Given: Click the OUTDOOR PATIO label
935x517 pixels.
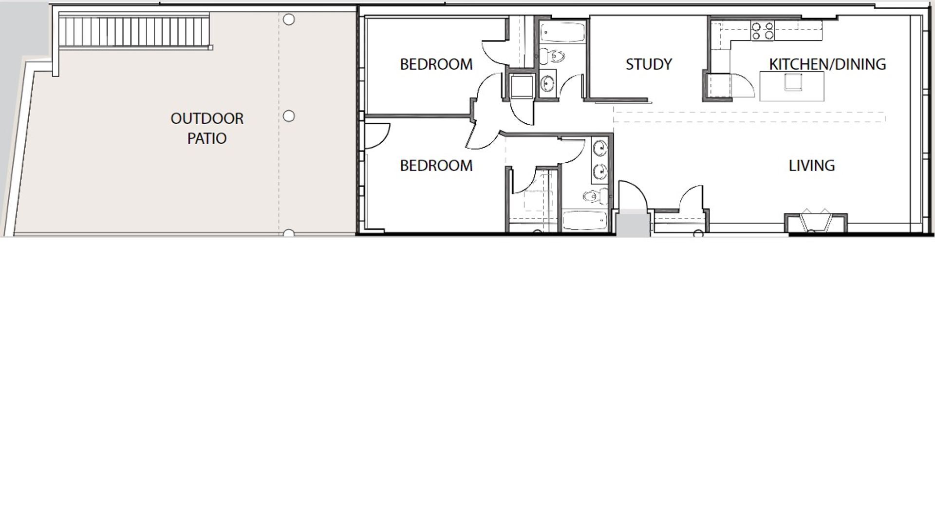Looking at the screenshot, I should (x=207, y=128).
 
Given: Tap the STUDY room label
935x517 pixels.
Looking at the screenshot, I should (x=649, y=64).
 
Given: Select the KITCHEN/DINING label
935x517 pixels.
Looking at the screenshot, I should (x=827, y=64).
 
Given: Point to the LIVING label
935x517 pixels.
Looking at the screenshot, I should (x=811, y=166).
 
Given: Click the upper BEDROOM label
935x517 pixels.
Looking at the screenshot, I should (x=436, y=64).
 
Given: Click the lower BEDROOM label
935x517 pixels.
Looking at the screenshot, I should (x=436, y=166).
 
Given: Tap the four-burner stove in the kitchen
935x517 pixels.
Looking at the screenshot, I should (x=762, y=31).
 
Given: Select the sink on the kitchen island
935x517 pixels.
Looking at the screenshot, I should (x=793, y=81).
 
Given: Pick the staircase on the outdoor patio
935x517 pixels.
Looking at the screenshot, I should (x=135, y=31).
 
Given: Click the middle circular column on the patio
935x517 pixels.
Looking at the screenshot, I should (x=289, y=116).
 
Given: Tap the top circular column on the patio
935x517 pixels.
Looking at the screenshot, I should (x=289, y=20).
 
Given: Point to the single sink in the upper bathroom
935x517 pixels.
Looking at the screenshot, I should (x=548, y=84).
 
